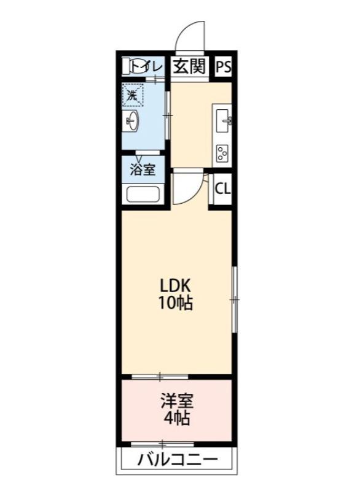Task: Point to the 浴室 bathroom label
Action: tap(143, 169)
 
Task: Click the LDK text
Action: tap(177, 285)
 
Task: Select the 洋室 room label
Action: tap(177, 402)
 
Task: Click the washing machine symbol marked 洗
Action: tap(132, 95)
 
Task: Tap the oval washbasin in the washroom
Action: tap(133, 121)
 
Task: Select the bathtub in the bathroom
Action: tap(143, 195)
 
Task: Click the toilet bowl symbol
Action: tap(133, 66)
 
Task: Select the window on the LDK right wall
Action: tap(234, 300)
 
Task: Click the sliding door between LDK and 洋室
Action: tap(160, 376)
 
